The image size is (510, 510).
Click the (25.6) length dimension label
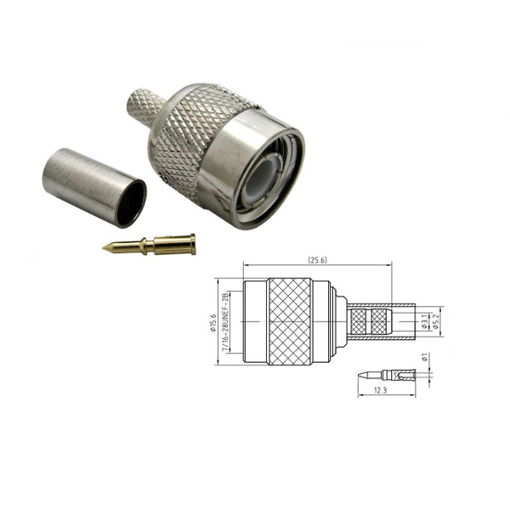tap(317, 260)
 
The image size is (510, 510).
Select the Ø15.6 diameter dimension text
tap(213, 323)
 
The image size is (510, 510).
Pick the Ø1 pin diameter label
tap(424, 357)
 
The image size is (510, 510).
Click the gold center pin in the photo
tap(149, 245)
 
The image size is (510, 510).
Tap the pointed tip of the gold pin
tap(103, 248)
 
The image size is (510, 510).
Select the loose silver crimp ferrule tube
tap(94, 188)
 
